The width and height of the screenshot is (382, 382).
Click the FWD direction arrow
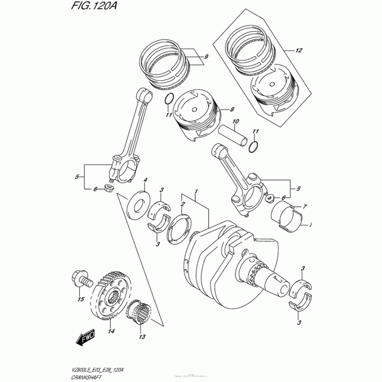coord(85,338)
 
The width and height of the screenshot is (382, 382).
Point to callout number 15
coord(81,299)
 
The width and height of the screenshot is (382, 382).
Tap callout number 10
coord(234,122)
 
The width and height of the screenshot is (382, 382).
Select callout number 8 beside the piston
coord(232,110)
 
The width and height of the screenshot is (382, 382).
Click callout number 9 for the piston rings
coord(206,58)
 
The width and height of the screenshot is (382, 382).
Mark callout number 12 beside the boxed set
coord(299,50)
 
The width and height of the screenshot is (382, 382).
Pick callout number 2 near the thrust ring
coord(182,204)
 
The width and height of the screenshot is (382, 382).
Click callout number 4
coord(146,180)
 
